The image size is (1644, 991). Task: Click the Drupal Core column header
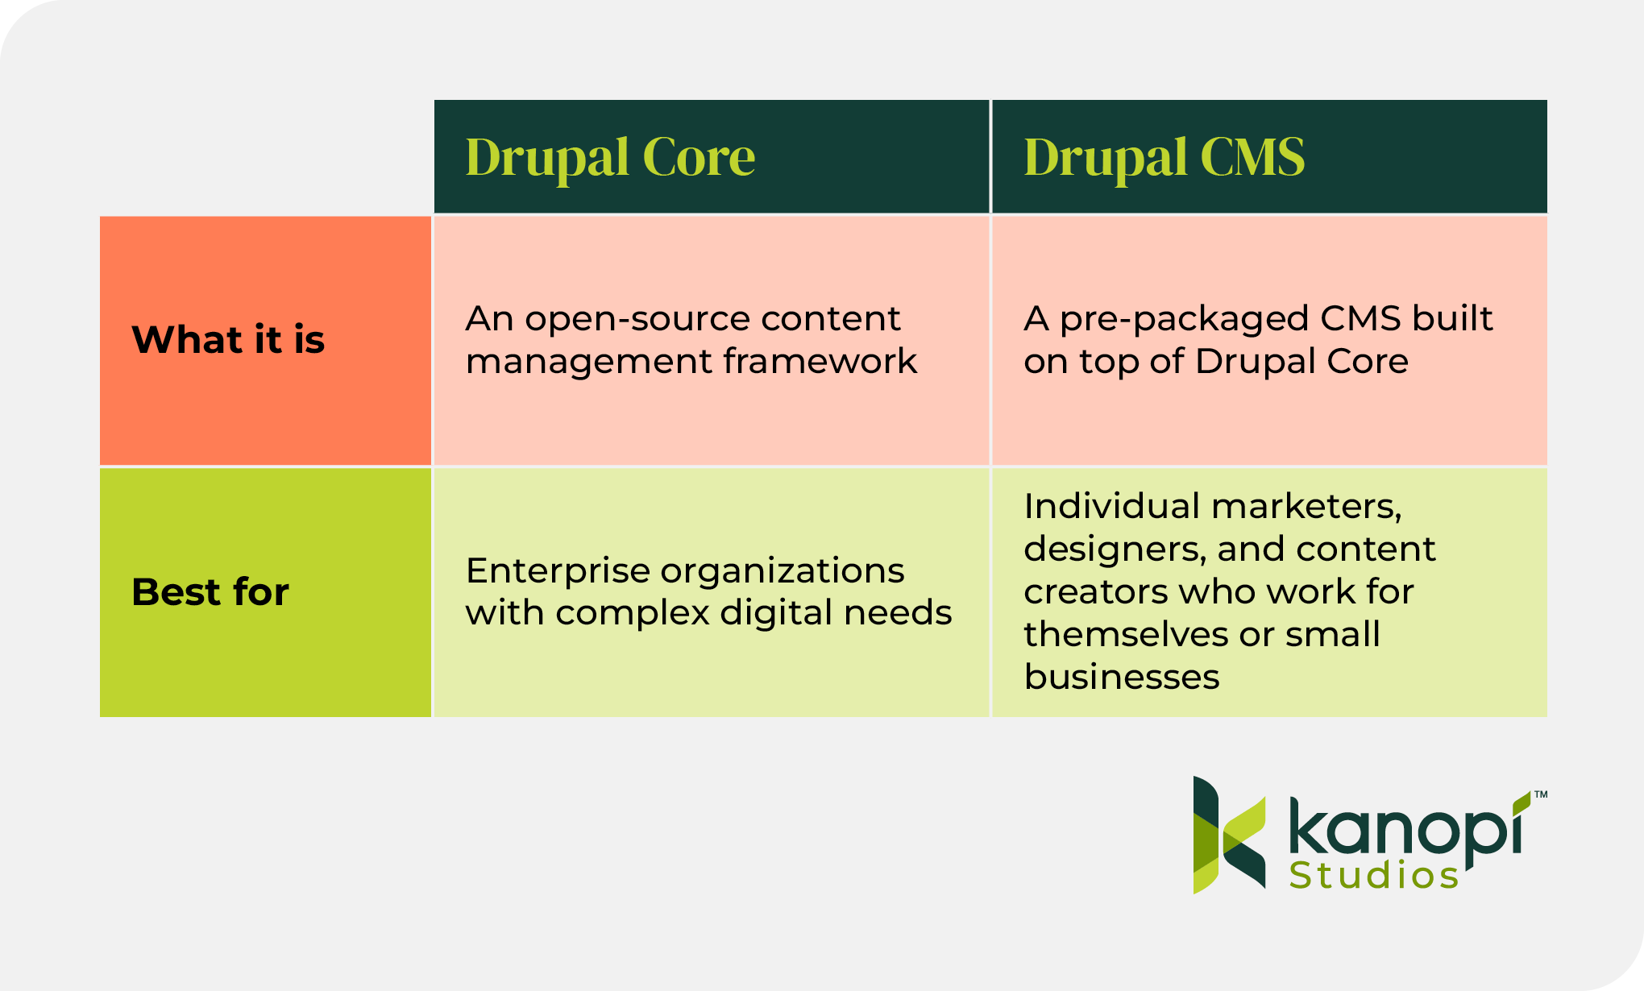point(610,157)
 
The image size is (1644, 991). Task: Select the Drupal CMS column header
point(1164,157)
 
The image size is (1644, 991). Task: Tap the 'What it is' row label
point(228,339)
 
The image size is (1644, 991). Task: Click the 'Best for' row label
point(210,592)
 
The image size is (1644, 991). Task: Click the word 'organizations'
point(782,572)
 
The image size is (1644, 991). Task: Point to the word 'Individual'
point(1112,506)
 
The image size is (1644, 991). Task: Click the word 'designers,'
point(1115,549)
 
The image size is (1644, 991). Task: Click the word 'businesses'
point(1122,677)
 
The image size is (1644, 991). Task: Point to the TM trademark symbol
point(1540,794)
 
